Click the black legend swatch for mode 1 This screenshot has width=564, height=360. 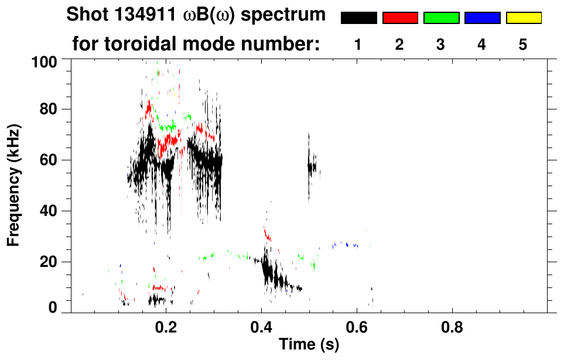[358, 18]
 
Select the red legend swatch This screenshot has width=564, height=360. [400, 18]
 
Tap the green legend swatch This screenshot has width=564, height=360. [441, 18]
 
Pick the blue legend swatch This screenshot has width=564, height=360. [482, 18]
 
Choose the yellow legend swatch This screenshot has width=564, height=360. [523, 18]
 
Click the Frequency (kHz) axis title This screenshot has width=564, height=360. [14, 185]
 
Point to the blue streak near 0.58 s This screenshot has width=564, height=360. [344, 245]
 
